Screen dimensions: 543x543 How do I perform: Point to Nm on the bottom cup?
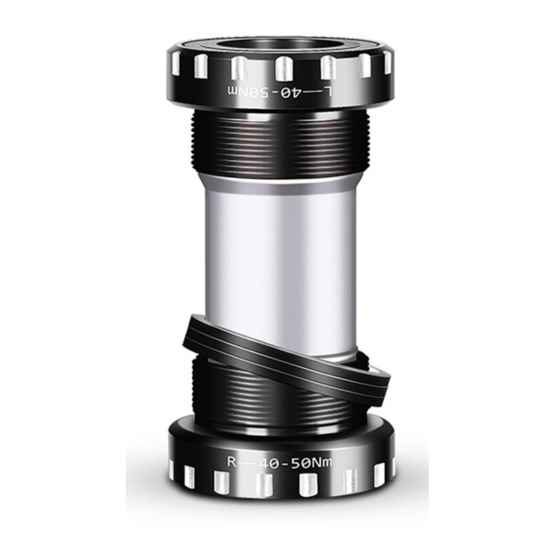[329, 462]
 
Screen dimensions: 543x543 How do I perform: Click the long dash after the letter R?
[248, 463]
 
